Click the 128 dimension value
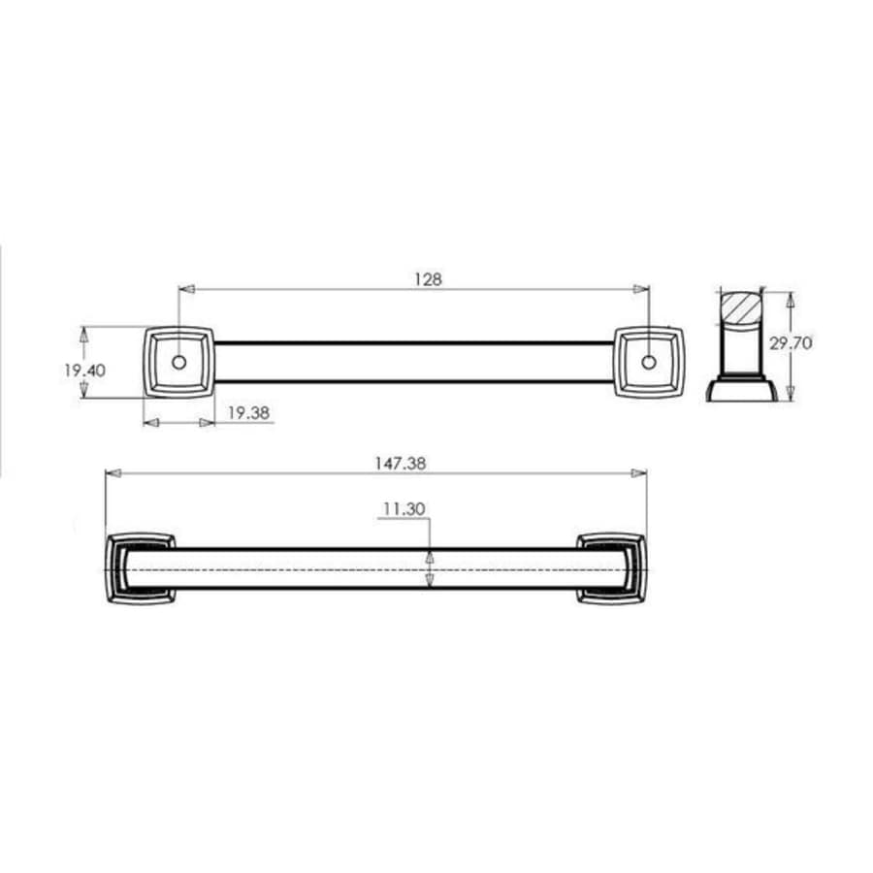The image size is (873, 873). click(x=428, y=278)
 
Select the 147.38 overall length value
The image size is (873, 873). click(x=400, y=464)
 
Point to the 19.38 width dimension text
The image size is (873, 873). click(x=249, y=412)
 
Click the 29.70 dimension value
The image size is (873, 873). click(x=818, y=342)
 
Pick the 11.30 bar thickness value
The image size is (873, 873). click(x=405, y=508)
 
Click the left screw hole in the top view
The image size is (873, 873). click(x=178, y=362)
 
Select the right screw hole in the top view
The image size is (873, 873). click(x=648, y=362)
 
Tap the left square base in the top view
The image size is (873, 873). click(x=178, y=362)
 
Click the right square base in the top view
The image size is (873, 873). click(x=649, y=362)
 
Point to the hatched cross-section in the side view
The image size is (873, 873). click(x=742, y=308)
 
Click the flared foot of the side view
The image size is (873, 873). click(x=741, y=390)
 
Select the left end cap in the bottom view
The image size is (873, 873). click(x=139, y=567)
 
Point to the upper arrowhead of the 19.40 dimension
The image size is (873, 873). click(x=84, y=332)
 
